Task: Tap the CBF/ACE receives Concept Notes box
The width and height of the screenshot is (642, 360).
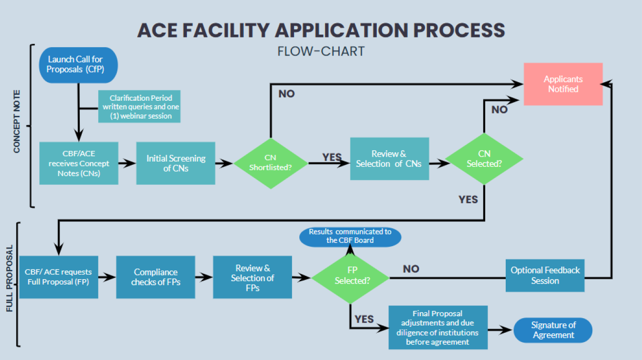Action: click(78, 163)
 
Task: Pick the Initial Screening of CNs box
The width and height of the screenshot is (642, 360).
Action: click(176, 163)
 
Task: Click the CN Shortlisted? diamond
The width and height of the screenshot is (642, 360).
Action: click(271, 162)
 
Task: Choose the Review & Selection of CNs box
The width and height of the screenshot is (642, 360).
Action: click(389, 159)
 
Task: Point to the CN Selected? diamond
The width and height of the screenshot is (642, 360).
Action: click(484, 159)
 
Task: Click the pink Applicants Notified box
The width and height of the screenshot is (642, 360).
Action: click(563, 84)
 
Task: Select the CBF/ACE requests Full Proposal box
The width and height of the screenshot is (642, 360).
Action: click(58, 277)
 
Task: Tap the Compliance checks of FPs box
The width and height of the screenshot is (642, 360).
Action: click(155, 277)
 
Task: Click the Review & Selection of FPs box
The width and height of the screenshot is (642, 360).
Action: click(252, 277)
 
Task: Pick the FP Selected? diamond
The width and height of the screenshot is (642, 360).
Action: click(350, 277)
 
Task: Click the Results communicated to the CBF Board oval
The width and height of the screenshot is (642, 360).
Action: click(350, 236)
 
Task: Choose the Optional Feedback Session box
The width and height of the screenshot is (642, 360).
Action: click(545, 275)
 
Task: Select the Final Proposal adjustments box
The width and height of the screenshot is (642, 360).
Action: click(438, 327)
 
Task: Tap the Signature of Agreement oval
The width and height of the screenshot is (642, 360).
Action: click(553, 330)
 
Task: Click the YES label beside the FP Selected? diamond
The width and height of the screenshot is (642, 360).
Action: click(364, 319)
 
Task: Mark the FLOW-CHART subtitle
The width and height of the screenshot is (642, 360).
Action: click(321, 51)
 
